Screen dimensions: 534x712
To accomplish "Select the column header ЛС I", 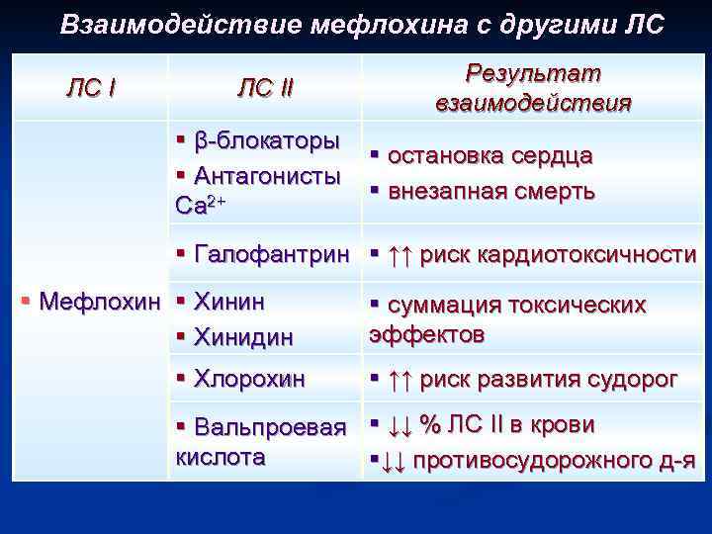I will click(90, 88).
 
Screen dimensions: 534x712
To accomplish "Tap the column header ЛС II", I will click(265, 88).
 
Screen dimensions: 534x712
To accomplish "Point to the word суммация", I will click(436, 306).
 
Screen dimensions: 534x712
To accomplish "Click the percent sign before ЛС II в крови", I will click(429, 424).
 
